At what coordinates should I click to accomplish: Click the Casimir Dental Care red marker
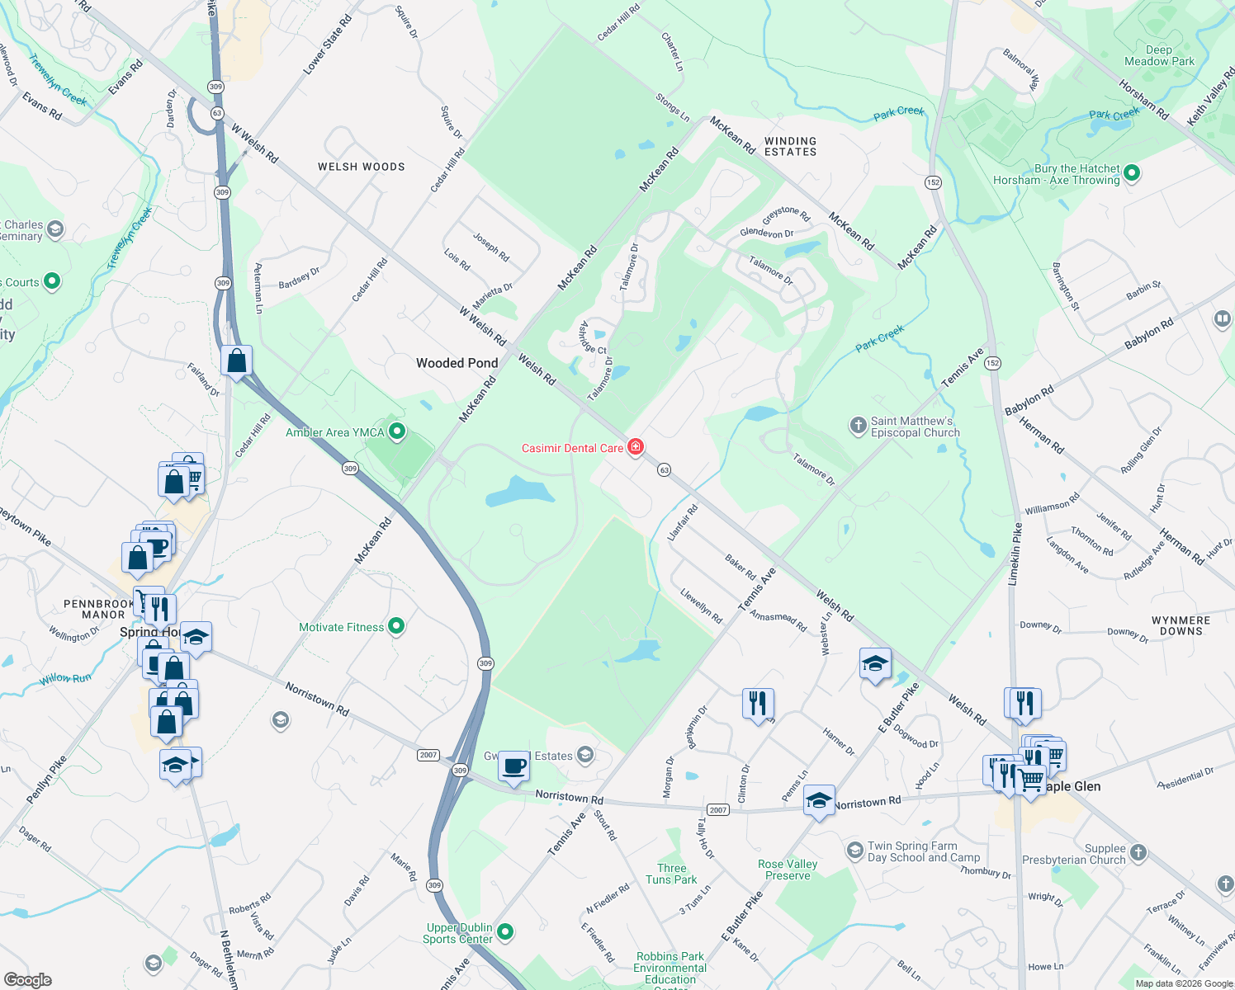(x=635, y=447)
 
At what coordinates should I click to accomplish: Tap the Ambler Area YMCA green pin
(x=397, y=431)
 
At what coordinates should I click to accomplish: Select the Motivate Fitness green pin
(x=396, y=626)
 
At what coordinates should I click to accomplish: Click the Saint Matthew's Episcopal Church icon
(x=859, y=426)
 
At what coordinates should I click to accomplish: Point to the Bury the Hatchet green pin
(x=1132, y=173)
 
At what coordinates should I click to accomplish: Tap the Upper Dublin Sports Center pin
(x=505, y=932)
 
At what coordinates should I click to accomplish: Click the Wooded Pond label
(x=457, y=363)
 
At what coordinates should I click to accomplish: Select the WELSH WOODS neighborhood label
(x=362, y=167)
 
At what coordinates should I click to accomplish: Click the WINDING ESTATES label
(x=790, y=147)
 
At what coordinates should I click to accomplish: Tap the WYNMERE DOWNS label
(x=1181, y=625)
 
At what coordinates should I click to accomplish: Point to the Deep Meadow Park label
(x=1159, y=55)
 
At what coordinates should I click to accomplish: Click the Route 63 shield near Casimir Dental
(x=664, y=470)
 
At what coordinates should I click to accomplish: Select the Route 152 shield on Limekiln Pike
(x=992, y=363)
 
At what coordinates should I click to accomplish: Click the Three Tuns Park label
(x=671, y=874)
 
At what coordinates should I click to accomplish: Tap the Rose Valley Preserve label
(x=788, y=870)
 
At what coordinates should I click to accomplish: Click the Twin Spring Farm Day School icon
(x=855, y=850)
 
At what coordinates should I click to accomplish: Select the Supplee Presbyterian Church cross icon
(x=1138, y=852)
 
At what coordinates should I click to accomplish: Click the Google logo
(x=27, y=980)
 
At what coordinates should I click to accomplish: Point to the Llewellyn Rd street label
(x=701, y=606)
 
